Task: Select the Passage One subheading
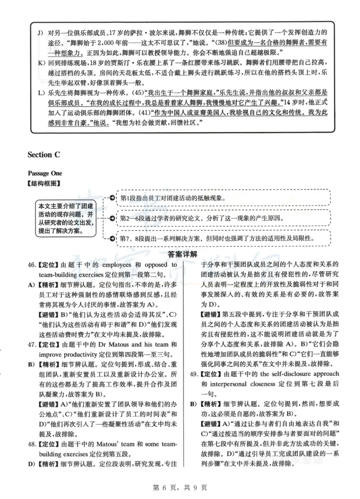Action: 45,173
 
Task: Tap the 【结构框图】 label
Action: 44,183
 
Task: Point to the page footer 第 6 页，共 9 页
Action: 180,487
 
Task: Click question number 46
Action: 31,265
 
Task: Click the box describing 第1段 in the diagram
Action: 223,198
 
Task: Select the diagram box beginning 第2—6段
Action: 223,218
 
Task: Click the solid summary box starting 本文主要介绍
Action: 65,218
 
